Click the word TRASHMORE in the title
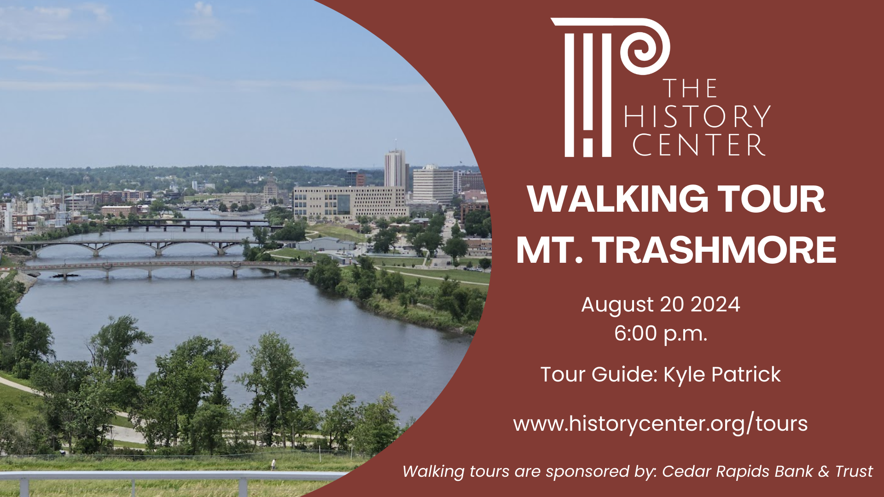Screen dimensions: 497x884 coord(714,250)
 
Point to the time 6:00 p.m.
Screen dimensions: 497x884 coord(660,333)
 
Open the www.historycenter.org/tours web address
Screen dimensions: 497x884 coord(660,423)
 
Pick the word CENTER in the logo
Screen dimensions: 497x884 coord(699,145)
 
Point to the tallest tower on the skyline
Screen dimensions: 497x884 coord(395,168)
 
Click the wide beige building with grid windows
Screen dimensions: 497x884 coord(350,202)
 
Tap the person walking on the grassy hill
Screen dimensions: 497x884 coord(273,464)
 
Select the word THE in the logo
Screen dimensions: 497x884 coord(690,88)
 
